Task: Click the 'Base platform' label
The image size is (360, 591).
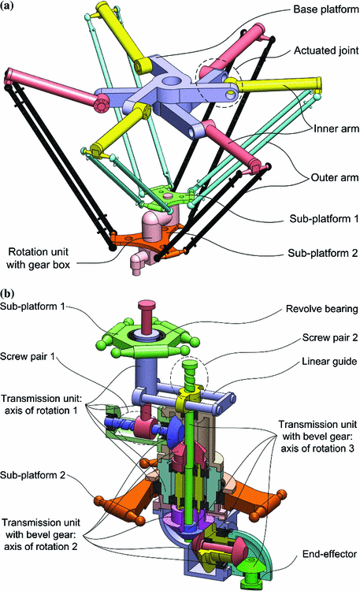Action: tap(314, 13)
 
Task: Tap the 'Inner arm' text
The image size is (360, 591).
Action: tap(323, 128)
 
